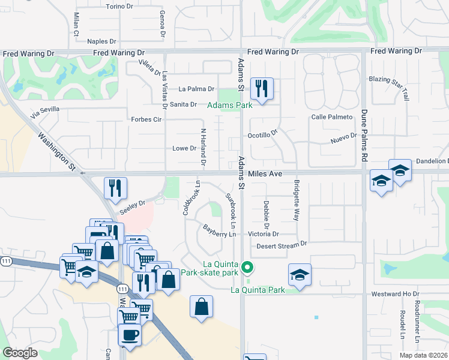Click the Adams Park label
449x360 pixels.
click(229, 105)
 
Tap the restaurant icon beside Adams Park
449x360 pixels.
click(262, 88)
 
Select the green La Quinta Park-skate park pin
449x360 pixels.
click(247, 267)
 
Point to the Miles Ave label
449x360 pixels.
click(266, 173)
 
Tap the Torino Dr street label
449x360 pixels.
click(119, 7)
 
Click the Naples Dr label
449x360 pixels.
click(101, 41)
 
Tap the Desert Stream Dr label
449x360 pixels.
click(282, 245)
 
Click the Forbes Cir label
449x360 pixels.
click(146, 119)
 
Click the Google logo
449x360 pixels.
click(20, 353)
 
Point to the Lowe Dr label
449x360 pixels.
click(184, 148)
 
